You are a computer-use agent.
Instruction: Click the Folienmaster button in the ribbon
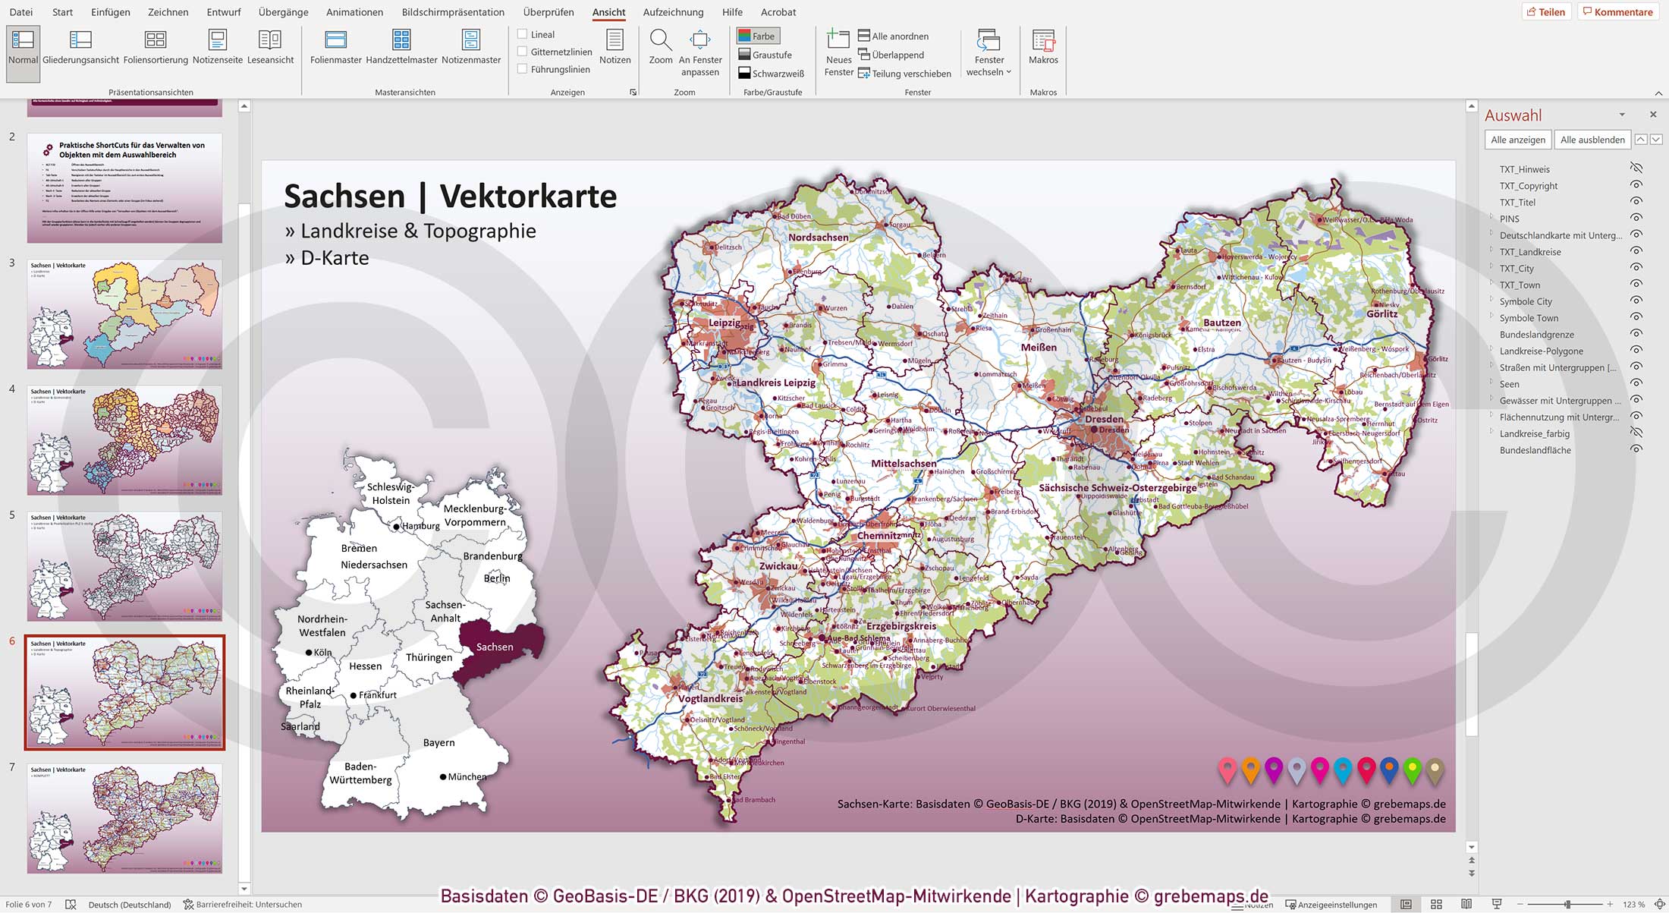click(x=335, y=46)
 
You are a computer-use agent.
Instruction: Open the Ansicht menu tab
click(x=608, y=12)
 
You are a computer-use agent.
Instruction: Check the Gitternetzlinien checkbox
click(x=522, y=52)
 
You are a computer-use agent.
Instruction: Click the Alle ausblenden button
click(x=1592, y=140)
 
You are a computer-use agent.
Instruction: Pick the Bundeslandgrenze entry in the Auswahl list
click(x=1536, y=335)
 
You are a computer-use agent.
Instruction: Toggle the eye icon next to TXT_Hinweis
click(x=1636, y=168)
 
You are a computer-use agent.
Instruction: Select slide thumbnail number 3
click(x=125, y=314)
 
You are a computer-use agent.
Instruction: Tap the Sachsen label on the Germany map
click(x=495, y=647)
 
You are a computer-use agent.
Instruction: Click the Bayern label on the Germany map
click(x=438, y=743)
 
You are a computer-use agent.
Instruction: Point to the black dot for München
click(x=443, y=776)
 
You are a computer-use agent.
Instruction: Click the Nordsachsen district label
click(x=818, y=238)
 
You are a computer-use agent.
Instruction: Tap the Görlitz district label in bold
click(x=1381, y=314)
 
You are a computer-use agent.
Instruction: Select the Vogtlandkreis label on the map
click(x=710, y=699)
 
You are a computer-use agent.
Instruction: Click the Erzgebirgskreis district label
click(x=901, y=627)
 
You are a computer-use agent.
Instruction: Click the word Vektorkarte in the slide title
click(x=528, y=197)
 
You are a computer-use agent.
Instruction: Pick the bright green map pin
click(x=1412, y=770)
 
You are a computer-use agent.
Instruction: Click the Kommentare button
click(x=1617, y=12)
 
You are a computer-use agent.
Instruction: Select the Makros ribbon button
click(x=1043, y=46)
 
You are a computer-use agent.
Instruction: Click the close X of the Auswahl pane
click(x=1653, y=115)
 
